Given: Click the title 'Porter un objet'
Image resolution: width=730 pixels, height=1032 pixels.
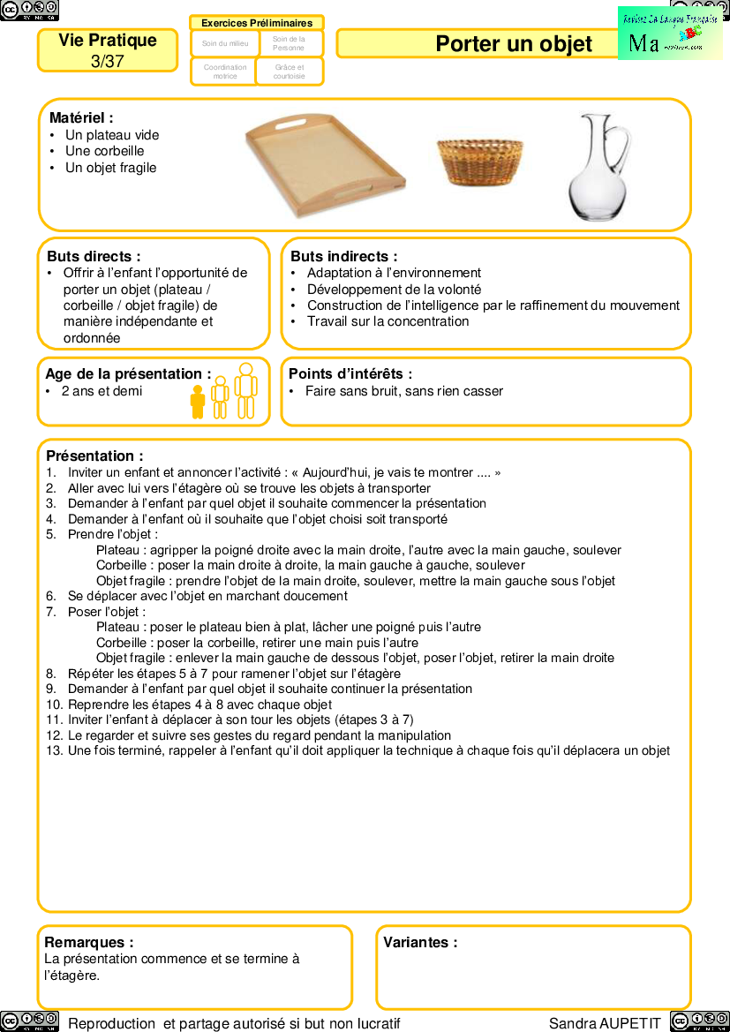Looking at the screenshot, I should click(x=514, y=45).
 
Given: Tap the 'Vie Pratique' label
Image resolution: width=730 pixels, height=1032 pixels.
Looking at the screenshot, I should click(x=108, y=41).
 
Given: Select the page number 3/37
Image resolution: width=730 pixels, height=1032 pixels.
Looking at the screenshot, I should click(x=108, y=61).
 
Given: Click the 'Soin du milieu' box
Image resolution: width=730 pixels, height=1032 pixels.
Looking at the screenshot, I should click(x=225, y=43).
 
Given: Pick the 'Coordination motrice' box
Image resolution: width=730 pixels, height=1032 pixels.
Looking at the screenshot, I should click(x=225, y=72).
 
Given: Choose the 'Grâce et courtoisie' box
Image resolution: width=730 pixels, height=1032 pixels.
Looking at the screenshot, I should click(x=290, y=72).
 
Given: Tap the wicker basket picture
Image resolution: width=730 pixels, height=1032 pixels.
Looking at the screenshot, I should click(x=480, y=162).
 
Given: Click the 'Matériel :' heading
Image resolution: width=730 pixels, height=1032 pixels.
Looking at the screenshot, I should click(x=81, y=117).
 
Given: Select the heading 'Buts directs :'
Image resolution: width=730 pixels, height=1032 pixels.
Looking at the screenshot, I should click(x=94, y=257).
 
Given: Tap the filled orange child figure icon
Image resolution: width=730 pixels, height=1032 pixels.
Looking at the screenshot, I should click(x=198, y=401).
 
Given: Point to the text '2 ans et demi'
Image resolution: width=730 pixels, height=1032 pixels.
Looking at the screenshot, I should click(x=102, y=391).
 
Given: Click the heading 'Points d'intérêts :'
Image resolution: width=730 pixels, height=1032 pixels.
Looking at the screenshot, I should click(x=350, y=374).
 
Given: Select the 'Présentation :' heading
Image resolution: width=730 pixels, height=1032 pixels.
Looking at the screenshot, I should click(x=94, y=456).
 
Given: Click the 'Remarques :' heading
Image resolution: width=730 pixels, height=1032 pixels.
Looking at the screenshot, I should click(x=89, y=943).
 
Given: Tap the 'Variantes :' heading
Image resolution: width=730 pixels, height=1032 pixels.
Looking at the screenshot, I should click(x=420, y=943).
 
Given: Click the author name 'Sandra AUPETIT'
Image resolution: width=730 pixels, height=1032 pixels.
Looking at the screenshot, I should click(x=605, y=1023).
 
